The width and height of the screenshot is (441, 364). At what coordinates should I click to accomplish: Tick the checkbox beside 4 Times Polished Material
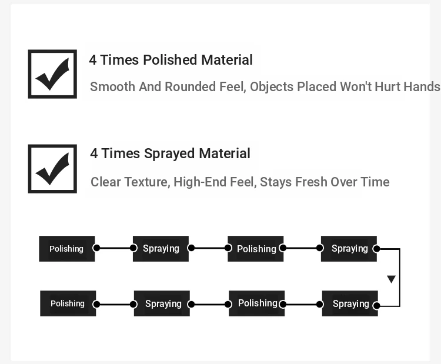coord(52,74)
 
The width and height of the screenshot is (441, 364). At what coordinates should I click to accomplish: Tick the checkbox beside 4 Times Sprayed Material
coord(52,169)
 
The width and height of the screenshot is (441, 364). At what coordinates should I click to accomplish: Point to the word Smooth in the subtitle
coord(112,86)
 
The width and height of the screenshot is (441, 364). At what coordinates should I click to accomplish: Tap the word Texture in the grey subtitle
coord(146,182)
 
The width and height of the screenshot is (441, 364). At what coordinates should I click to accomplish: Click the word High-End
coord(201,182)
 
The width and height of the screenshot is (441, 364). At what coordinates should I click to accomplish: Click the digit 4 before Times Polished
coord(93,60)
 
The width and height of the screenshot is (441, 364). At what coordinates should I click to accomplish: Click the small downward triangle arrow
coord(391,279)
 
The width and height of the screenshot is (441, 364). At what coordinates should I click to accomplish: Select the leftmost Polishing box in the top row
coord(67,249)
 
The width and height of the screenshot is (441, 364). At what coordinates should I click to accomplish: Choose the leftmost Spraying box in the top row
coord(161,249)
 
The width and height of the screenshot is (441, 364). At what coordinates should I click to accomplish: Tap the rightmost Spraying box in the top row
coord(349,249)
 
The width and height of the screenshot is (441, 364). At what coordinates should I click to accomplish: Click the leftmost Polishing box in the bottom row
coord(68,303)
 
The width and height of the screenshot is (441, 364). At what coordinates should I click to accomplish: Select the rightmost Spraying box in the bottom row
coord(350,303)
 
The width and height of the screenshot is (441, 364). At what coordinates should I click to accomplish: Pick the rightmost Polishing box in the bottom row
coord(256,303)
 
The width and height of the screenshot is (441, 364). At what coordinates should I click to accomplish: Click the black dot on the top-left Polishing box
coord(96,248)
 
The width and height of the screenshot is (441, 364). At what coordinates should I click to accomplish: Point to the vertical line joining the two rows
coord(400,278)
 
